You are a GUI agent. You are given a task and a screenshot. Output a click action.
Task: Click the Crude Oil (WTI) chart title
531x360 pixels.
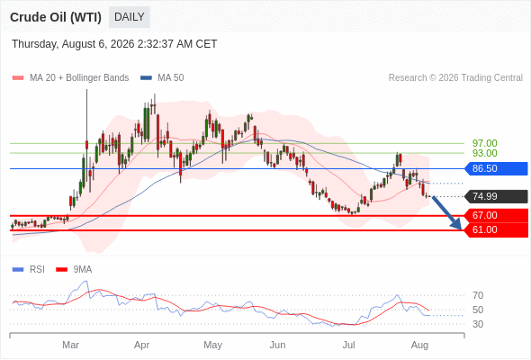56,17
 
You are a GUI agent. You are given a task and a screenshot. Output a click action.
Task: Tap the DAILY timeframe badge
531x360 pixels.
130,17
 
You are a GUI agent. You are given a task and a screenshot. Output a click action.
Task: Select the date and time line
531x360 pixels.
114,44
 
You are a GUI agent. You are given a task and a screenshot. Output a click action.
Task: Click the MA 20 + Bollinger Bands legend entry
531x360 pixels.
70,78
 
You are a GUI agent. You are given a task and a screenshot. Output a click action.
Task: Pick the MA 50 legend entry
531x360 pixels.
162,78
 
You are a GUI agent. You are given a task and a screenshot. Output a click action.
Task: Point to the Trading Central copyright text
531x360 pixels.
455,78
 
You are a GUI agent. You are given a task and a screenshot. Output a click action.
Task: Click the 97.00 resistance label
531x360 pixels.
484,143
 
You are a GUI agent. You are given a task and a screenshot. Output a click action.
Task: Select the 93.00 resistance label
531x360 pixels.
484,153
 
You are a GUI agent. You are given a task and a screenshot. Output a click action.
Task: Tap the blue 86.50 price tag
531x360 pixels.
496,168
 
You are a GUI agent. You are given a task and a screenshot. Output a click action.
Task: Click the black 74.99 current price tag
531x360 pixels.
496,196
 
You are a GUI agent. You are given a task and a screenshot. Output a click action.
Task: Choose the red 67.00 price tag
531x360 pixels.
496,215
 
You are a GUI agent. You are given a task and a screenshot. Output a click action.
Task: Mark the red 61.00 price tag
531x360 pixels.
496,230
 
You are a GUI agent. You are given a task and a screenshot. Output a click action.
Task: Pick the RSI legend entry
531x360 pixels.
29,270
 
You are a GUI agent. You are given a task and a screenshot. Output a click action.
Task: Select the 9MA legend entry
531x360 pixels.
74,270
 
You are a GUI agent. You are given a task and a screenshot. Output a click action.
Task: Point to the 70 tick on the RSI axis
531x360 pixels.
478,295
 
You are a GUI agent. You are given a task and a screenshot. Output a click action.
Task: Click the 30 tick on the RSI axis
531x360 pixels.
478,324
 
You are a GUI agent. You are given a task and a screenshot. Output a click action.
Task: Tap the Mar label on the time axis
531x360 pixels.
70,345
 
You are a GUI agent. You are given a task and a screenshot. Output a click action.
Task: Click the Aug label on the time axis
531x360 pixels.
419,346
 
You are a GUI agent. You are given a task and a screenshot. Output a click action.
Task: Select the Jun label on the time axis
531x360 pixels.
277,345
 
